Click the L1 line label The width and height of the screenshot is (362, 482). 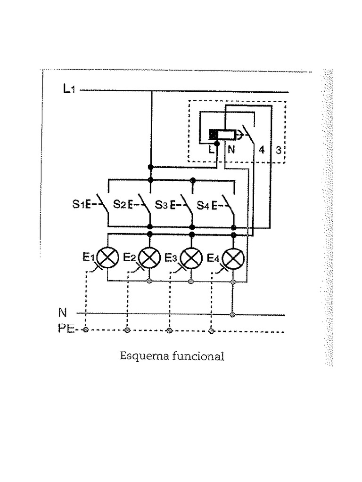pos(68,88)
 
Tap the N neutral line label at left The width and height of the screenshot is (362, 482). pos(62,313)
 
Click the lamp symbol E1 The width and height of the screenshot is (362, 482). pos(107,257)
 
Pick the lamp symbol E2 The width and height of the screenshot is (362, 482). pos(149,257)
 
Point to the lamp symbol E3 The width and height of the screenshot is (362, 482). pos(191,257)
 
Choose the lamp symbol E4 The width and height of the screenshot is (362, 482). pos(233,257)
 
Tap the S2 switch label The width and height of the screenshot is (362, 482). pos(120,205)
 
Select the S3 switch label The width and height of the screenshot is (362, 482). pos(162,205)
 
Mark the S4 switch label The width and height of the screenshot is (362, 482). pos(203,205)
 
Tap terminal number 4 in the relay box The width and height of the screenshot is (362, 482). pos(261,151)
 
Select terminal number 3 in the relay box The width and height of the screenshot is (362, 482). pos(279,151)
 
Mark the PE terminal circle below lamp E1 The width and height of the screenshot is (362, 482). pos(85,330)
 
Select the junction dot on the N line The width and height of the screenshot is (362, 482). pos(233,314)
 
